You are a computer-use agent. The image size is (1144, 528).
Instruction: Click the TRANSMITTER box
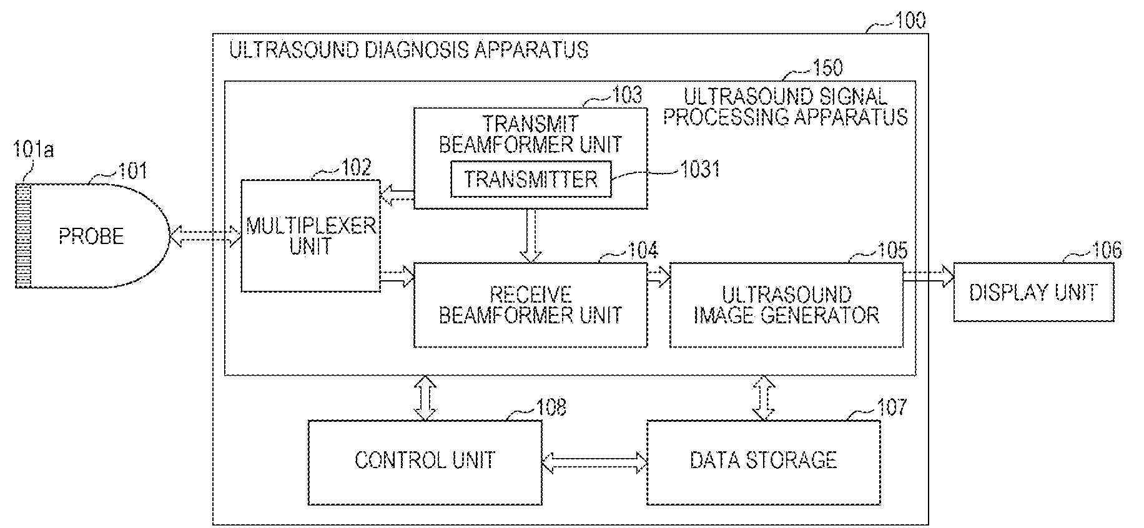pyautogui.click(x=531, y=179)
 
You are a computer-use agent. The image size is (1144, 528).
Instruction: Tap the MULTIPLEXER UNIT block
pyautogui.click(x=310, y=235)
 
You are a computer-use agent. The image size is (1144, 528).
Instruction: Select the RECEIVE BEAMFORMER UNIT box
pyautogui.click(x=530, y=305)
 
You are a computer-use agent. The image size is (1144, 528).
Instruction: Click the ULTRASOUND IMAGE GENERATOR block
pyautogui.click(x=786, y=305)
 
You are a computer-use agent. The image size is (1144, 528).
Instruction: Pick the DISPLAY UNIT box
pyautogui.click(x=1033, y=293)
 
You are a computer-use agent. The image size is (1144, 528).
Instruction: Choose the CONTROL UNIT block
pyautogui.click(x=425, y=461)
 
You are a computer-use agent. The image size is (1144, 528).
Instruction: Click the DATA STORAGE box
pyautogui.click(x=763, y=461)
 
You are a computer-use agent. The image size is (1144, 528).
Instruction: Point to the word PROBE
pyautogui.click(x=91, y=236)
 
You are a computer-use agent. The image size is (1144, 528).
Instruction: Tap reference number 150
pyautogui.click(x=827, y=67)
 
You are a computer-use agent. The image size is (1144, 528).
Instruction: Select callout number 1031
pyautogui.click(x=700, y=169)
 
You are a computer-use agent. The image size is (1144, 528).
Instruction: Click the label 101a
pyautogui.click(x=33, y=150)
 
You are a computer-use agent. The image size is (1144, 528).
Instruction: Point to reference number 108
pyautogui.click(x=550, y=408)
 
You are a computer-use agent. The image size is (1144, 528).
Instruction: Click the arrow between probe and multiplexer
pyautogui.click(x=205, y=236)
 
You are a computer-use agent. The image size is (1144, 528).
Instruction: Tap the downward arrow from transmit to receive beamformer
pyautogui.click(x=531, y=235)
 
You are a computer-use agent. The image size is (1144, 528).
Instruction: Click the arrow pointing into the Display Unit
pyautogui.click(x=928, y=275)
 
